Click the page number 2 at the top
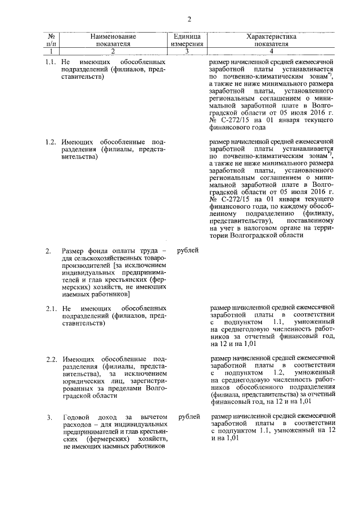tap(190, 20)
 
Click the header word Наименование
tap(113, 37)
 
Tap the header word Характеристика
tap(271, 37)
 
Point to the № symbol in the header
tap(51, 37)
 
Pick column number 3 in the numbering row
tap(187, 51)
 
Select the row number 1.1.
tap(50, 61)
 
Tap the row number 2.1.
tap(50, 308)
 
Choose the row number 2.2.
tap(50, 359)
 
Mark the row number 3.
tap(49, 417)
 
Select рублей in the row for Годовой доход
tap(188, 417)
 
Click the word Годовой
tap(77, 417)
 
